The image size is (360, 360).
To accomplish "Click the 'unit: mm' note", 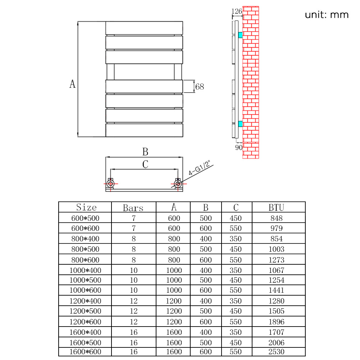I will point(327,15).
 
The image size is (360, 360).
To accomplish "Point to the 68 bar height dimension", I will point(200,87).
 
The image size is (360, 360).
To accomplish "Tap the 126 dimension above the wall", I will point(237,12).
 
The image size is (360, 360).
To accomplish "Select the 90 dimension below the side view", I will point(239,147).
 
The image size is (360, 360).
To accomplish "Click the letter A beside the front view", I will point(73,84).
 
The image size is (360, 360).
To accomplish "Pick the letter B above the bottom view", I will point(145,152).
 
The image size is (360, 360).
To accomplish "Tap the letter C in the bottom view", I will point(145,165).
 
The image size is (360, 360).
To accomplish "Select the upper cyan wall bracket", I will point(240,35).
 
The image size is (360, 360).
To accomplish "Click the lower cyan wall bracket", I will point(240,124).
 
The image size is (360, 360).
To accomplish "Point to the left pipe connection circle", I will point(111,184).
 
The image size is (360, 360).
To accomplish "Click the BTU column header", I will point(276,208).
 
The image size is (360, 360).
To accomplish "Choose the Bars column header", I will point(133,208).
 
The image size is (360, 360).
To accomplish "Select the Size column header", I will point(86,208).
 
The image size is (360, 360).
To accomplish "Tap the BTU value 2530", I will point(276,352).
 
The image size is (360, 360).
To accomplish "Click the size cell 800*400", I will point(86,239).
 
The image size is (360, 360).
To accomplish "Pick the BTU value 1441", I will point(276,290).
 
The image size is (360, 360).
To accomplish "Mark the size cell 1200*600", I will point(86,322).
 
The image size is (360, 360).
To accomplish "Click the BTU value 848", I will point(276,218).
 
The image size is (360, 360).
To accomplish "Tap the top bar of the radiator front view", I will point(144,28).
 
